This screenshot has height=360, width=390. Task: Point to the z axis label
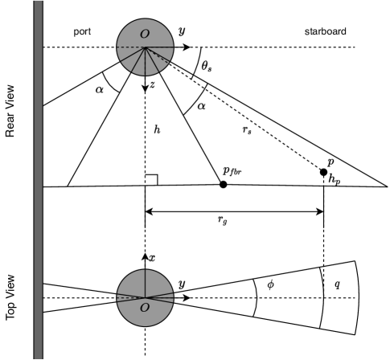pyautogui.click(x=151, y=86)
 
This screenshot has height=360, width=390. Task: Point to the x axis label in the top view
pyautogui.click(x=151, y=257)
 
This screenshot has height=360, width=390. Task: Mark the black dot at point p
pyautogui.click(x=324, y=172)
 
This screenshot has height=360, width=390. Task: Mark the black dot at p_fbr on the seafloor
pyautogui.click(x=223, y=184)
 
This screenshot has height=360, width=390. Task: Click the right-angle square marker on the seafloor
pyautogui.click(x=151, y=181)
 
